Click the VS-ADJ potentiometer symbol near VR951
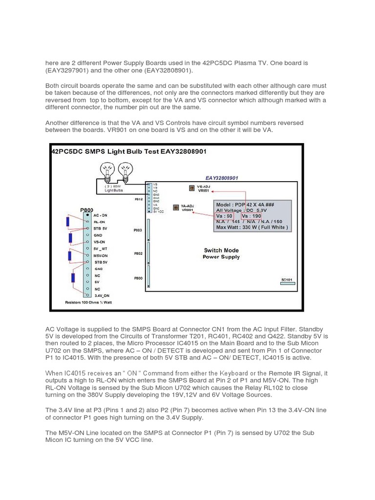192,187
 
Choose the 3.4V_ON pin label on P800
103,295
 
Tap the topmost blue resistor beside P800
67,222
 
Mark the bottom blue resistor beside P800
74,278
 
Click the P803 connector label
138,229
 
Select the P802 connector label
138,253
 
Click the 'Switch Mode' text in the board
221,250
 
